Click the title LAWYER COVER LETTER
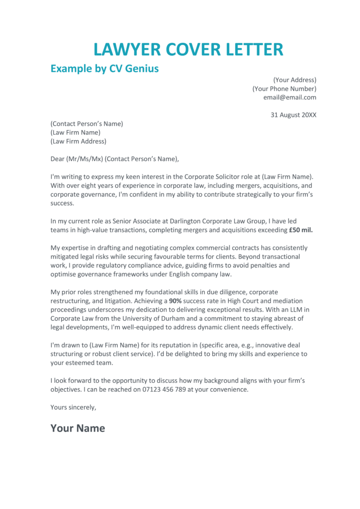188,49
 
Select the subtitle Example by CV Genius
104,69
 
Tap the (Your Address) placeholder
294,80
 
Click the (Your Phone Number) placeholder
284,89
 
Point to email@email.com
289,97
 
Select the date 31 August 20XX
293,115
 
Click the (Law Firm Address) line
78,141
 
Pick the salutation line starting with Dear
114,159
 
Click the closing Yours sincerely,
73,407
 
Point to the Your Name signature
78,428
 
